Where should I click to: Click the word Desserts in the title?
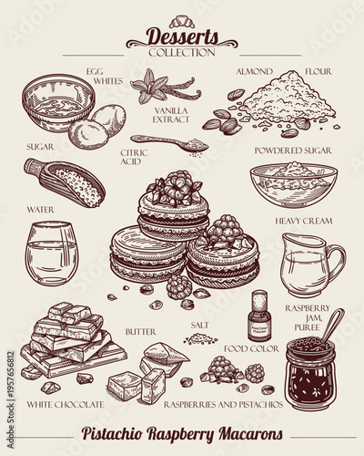coord(182,36)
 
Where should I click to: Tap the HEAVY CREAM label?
coord(303,221)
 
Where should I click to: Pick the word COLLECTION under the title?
coord(182,52)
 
